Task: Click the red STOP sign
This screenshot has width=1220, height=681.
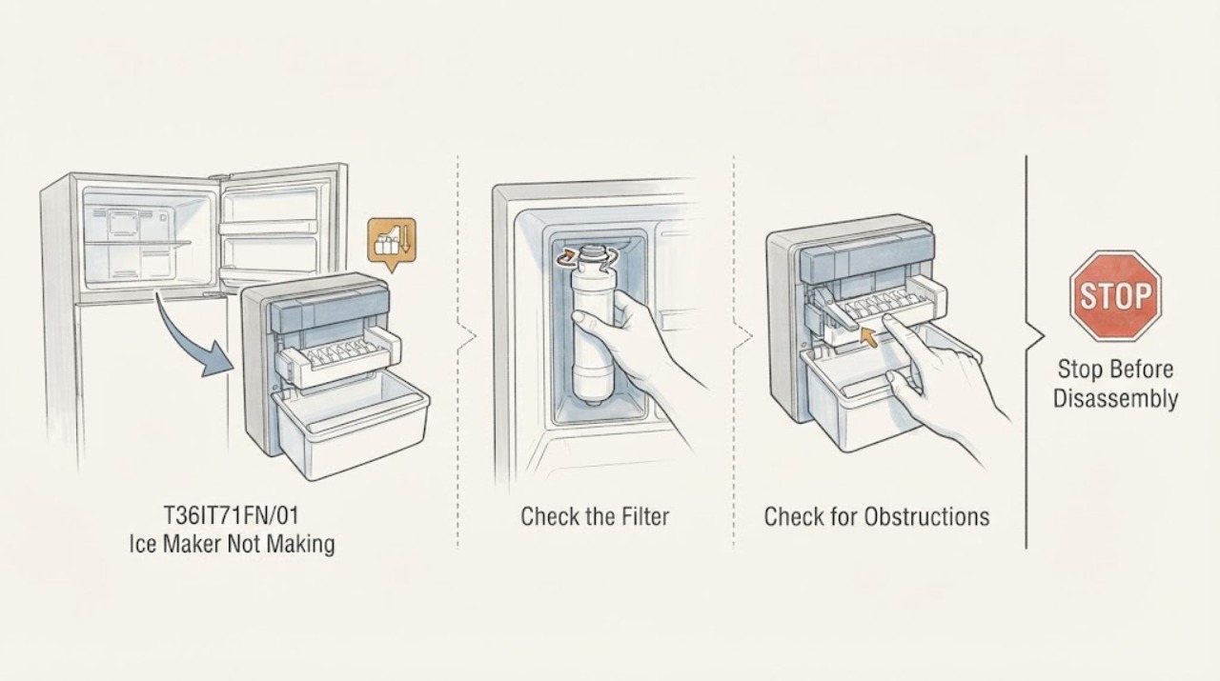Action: click(1115, 295)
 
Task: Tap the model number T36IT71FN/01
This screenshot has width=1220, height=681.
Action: click(232, 515)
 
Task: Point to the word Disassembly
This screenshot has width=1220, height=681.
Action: click(1115, 398)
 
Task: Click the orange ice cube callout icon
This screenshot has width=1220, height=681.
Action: click(391, 243)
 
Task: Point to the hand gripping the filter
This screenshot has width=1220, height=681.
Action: click(638, 349)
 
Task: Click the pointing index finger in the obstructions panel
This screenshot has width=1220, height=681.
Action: click(899, 336)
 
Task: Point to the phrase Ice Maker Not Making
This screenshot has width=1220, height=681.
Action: click(232, 544)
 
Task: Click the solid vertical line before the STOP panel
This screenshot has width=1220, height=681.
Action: click(1027, 351)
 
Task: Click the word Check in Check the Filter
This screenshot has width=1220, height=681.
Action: click(548, 516)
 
